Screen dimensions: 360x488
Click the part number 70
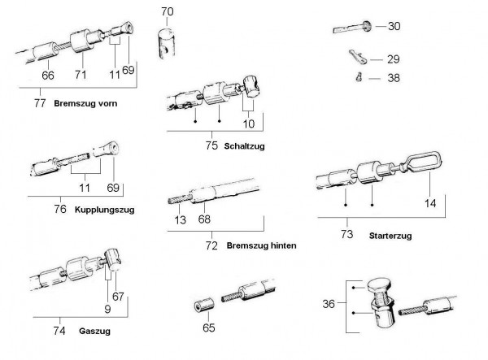coord(167,11)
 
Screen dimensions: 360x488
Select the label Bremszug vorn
coord(85,105)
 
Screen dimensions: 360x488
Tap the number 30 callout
coord(394,26)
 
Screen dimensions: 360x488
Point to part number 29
coord(394,59)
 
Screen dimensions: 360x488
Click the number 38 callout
coord(394,79)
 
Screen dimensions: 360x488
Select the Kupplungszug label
coord(103,209)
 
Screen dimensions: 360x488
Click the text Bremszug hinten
coord(262,245)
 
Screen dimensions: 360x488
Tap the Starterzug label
coord(391,236)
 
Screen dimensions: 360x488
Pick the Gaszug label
coord(94,331)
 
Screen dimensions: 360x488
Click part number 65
coord(208,329)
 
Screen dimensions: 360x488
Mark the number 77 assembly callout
coord(38,105)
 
